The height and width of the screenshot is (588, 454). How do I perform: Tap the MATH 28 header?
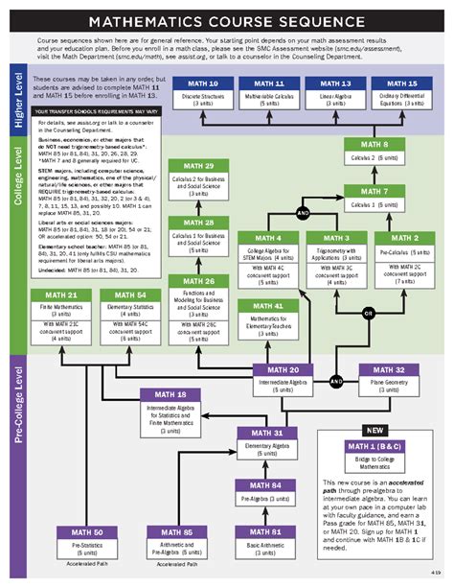(195, 223)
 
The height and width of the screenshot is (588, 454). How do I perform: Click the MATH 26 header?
(195, 280)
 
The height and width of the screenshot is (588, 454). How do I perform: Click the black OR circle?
(368, 312)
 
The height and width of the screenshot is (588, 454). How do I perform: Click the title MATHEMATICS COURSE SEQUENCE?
(227, 21)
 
